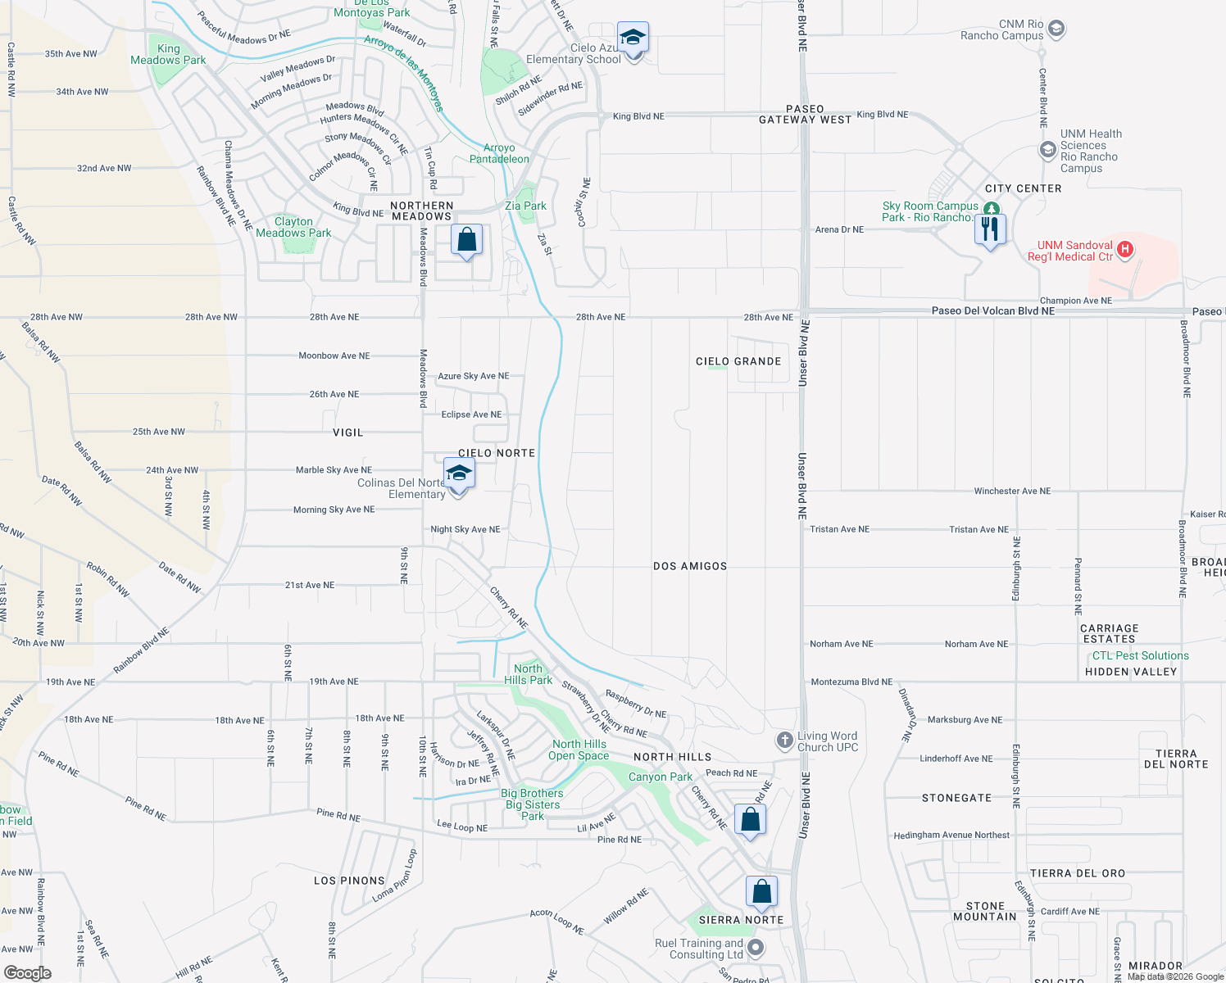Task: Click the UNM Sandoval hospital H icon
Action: click(x=1125, y=249)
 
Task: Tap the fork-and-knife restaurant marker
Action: click(x=990, y=229)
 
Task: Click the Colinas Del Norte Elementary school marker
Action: click(x=459, y=474)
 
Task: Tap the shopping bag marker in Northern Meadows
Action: click(x=466, y=240)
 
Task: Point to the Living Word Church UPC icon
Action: click(x=784, y=741)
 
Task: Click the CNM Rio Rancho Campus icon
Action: click(x=1056, y=29)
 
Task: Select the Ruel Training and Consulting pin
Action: click(x=756, y=948)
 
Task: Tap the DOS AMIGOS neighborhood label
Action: click(x=690, y=566)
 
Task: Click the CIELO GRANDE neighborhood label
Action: click(x=738, y=361)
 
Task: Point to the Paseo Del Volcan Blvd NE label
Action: click(x=992, y=310)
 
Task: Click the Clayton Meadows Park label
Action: click(x=293, y=228)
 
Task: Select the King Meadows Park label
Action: click(x=168, y=55)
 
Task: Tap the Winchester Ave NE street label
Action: click(x=1011, y=491)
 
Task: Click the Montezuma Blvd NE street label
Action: click(x=851, y=682)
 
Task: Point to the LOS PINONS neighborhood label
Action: click(x=349, y=881)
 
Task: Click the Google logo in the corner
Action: click(x=27, y=972)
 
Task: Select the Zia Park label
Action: click(x=525, y=206)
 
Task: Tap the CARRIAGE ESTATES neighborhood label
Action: click(x=1109, y=633)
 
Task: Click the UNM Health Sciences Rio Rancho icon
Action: click(x=1047, y=150)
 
